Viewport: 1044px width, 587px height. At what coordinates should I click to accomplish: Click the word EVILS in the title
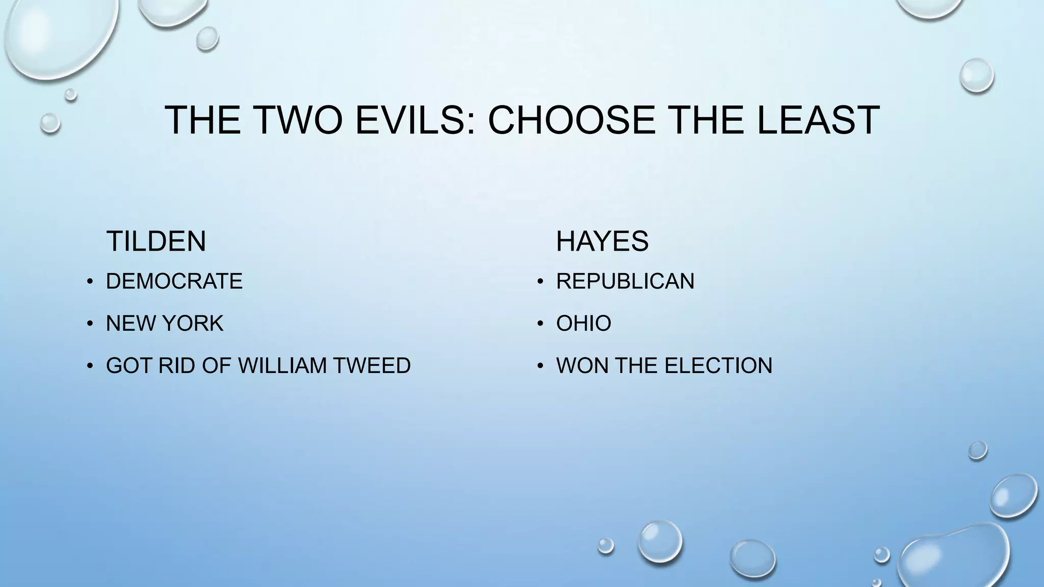pyautogui.click(x=415, y=120)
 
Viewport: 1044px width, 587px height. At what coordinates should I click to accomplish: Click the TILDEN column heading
pyautogui.click(x=156, y=241)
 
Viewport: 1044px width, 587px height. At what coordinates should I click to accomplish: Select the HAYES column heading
pyautogui.click(x=602, y=241)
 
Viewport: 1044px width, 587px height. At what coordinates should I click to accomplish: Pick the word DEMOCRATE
pyautogui.click(x=174, y=281)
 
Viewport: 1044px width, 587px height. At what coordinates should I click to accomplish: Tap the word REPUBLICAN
pyautogui.click(x=625, y=281)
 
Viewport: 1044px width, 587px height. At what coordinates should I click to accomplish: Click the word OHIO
pyautogui.click(x=584, y=324)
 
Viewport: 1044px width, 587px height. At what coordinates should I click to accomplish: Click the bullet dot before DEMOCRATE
pyautogui.click(x=90, y=282)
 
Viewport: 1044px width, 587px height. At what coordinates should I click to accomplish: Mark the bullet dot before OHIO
pyautogui.click(x=540, y=324)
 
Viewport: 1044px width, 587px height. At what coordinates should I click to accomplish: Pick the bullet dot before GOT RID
pyautogui.click(x=90, y=366)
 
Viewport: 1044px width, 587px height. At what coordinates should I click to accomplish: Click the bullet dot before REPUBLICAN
pyautogui.click(x=540, y=282)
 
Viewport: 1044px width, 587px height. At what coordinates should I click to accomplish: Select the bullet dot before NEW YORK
pyautogui.click(x=90, y=324)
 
